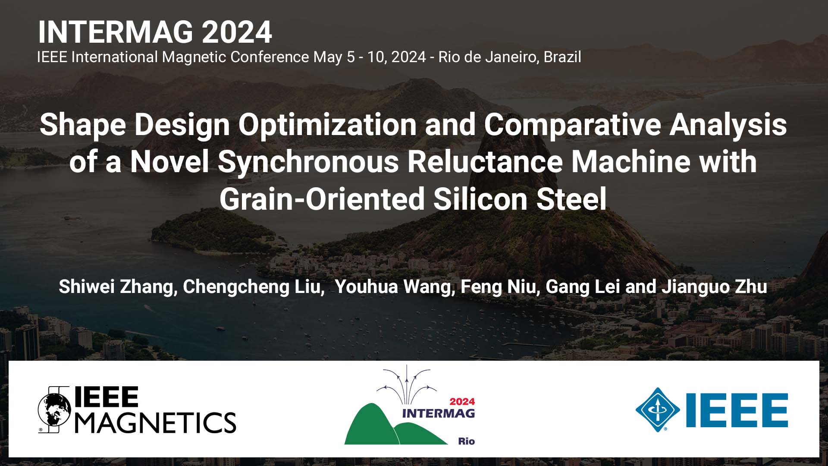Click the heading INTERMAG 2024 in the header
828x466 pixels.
(x=155, y=32)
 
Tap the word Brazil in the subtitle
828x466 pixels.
(x=562, y=57)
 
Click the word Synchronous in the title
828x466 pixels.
(x=308, y=162)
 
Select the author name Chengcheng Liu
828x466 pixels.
(x=253, y=287)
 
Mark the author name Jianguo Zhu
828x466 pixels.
(x=714, y=287)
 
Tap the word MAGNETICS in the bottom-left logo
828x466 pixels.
(x=156, y=422)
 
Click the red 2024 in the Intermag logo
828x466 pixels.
(x=462, y=402)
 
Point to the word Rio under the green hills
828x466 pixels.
(x=466, y=441)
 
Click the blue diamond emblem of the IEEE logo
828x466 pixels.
(x=658, y=409)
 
